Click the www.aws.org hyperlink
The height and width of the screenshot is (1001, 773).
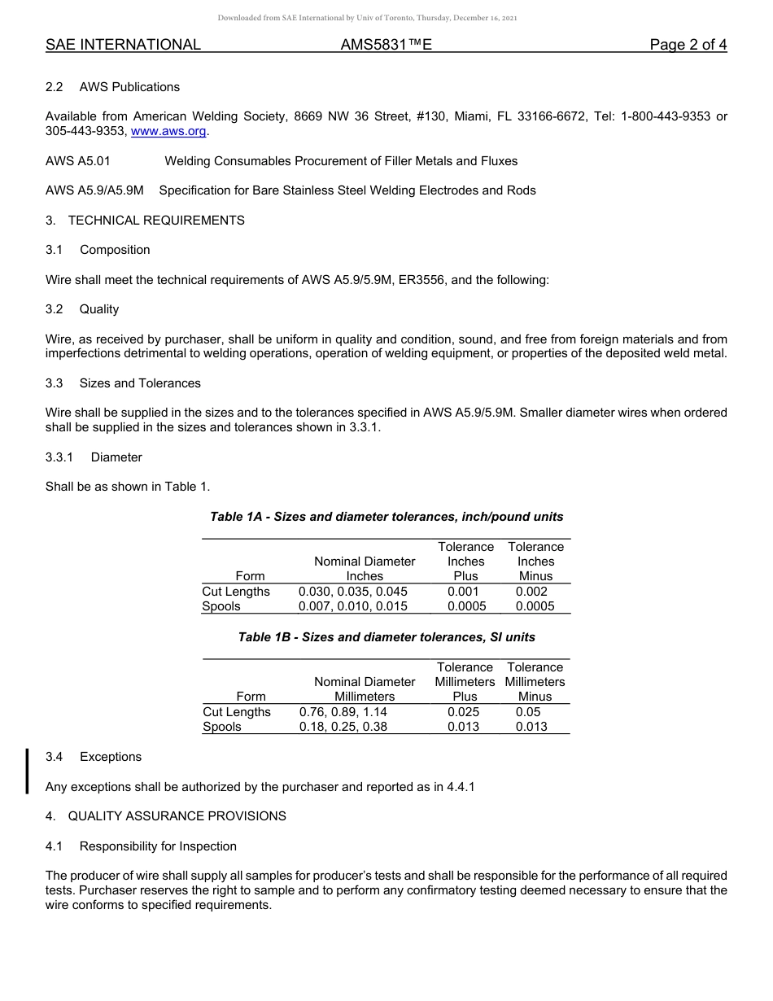point(168,131)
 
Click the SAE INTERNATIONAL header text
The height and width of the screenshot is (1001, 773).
point(123,46)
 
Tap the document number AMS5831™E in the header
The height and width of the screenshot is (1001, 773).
point(386,46)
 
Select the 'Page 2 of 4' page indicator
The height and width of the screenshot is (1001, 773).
point(688,46)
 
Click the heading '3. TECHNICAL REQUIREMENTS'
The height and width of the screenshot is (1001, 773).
point(145,221)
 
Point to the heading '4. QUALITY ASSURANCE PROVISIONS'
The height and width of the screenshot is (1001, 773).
point(166,816)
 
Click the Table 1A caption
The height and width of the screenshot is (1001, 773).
point(386,517)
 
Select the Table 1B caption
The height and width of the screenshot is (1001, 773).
point(386,637)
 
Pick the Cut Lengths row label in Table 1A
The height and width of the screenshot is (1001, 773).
point(236,592)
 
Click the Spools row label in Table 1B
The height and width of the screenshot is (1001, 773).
point(222,727)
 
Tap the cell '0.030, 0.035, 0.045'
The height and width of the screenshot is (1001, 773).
point(353,592)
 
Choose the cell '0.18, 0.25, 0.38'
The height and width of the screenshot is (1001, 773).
point(343,727)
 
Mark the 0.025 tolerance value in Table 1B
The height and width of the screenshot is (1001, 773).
point(464,712)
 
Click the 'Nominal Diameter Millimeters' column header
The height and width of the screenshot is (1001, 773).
point(365,689)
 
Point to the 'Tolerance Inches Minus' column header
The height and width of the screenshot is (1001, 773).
point(535,562)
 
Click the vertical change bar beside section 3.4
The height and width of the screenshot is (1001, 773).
point(28,771)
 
